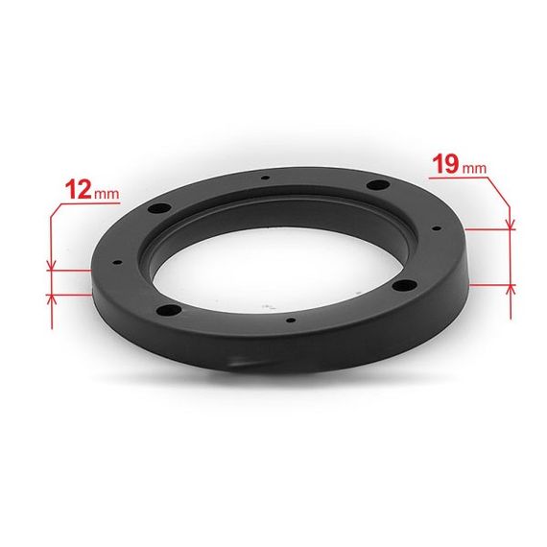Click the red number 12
(79, 189)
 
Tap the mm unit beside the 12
(107, 194)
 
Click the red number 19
(446, 164)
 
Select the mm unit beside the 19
(474, 169)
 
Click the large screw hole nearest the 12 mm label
(159, 208)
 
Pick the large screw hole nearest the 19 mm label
(378, 184)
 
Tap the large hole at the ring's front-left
(169, 310)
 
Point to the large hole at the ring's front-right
(404, 285)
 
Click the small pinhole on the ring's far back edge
(266, 178)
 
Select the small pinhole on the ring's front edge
(290, 320)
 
